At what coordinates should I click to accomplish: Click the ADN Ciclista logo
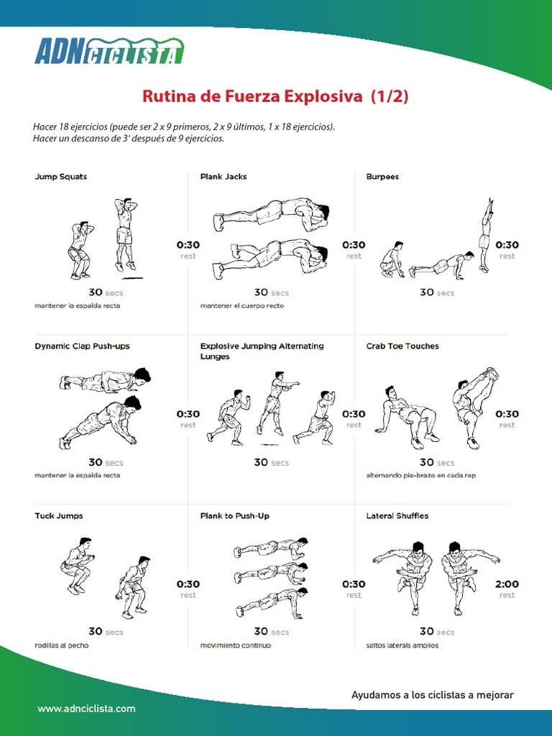click(109, 51)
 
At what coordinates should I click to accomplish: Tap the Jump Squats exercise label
click(61, 177)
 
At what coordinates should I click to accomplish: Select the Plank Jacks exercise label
click(224, 177)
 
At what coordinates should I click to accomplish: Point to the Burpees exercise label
click(382, 177)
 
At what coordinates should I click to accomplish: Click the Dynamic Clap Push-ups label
click(82, 346)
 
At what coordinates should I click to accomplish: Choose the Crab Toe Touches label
click(402, 346)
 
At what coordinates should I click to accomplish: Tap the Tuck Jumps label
click(59, 516)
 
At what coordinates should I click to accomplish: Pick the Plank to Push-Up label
click(235, 516)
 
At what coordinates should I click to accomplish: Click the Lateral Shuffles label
click(397, 516)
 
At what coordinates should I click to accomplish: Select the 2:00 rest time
click(507, 584)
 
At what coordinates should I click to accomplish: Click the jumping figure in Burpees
click(485, 235)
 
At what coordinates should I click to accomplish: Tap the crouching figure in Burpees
click(392, 259)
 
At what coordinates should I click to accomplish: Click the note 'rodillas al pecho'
click(62, 645)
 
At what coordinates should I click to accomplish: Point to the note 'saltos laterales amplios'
click(402, 645)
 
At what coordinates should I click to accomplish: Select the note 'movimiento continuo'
click(236, 645)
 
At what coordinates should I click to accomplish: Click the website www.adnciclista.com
click(86, 709)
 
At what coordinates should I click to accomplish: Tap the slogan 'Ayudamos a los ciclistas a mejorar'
click(432, 695)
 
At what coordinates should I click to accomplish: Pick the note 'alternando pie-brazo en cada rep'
click(421, 476)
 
